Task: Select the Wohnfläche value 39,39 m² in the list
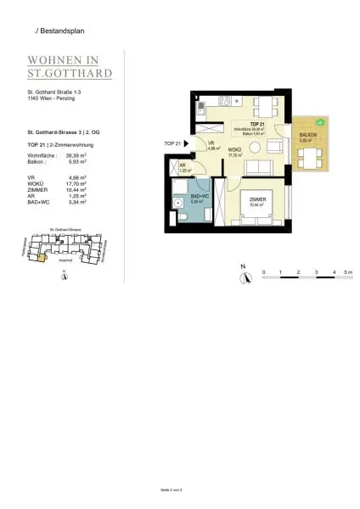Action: click(x=79, y=156)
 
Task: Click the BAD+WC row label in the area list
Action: click(x=39, y=204)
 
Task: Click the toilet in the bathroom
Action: click(x=183, y=219)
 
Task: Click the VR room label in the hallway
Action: click(x=209, y=143)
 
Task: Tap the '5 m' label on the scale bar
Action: click(x=350, y=271)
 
